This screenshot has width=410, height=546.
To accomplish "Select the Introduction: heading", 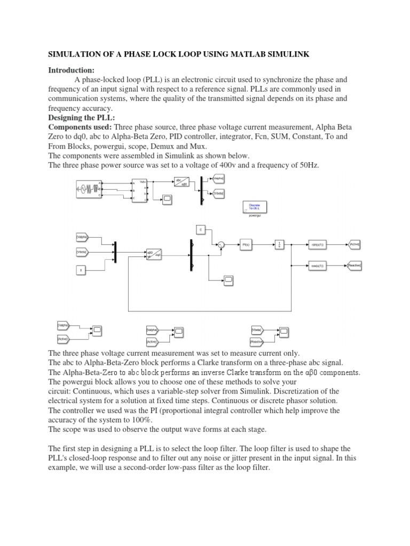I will pos(71,70).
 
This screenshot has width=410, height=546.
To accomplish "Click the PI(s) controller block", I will pos(246,244).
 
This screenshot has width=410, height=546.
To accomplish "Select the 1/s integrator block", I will pos(279,244).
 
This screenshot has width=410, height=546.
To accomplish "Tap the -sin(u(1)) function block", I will pos(317,244).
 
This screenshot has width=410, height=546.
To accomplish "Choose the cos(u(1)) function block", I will pos(317,264).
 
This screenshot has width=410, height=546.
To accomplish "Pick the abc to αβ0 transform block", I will pos(182,182).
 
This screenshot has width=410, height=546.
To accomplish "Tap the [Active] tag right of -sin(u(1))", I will pos(355,244).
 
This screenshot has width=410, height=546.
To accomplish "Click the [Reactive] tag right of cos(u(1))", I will pos(355,264).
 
